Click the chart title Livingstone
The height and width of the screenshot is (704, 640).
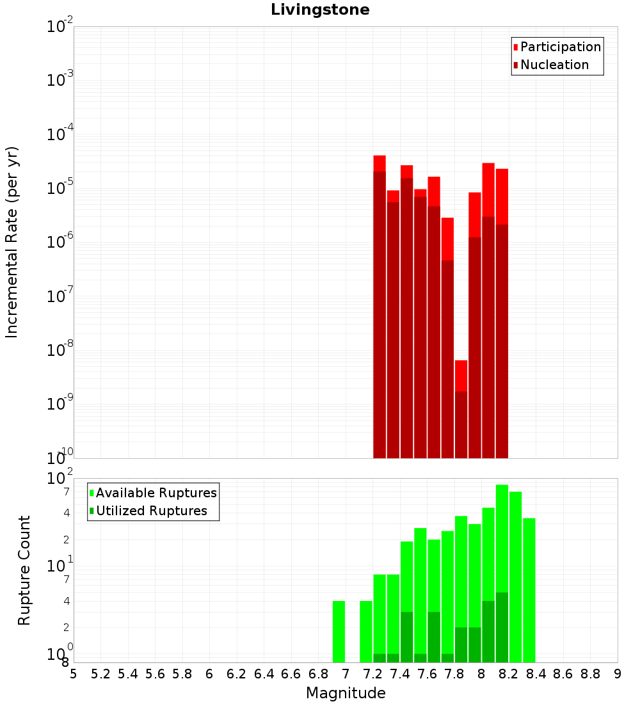(x=320, y=10)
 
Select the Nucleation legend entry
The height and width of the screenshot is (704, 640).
(x=554, y=65)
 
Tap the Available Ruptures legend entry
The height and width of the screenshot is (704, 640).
(x=156, y=493)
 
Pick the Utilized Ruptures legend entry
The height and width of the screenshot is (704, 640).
(x=151, y=511)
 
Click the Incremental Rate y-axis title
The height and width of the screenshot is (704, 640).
(x=12, y=242)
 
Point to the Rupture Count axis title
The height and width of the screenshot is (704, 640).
(x=24, y=570)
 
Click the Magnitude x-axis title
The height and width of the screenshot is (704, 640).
(x=346, y=693)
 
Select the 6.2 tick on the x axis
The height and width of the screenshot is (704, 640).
(x=236, y=674)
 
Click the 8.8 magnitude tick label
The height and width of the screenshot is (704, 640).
(x=590, y=674)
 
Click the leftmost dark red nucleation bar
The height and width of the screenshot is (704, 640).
(x=380, y=314)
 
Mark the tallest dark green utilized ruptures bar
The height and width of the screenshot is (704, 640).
(x=502, y=627)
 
